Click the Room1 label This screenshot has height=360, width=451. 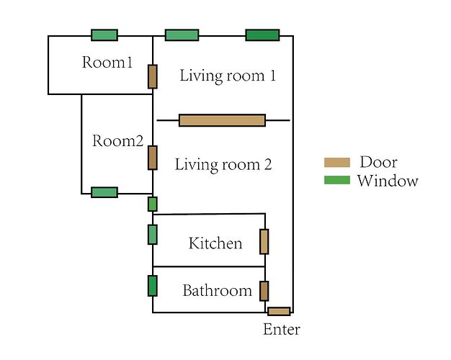tap(107, 63)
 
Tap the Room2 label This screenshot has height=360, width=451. tap(118, 141)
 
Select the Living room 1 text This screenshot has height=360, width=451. tap(228, 76)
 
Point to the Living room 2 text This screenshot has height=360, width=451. tap(223, 164)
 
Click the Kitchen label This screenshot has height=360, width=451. tap(215, 243)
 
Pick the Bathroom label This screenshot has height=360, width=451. tap(217, 291)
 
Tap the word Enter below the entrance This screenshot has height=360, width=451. tap(282, 330)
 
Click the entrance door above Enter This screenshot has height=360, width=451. tap(279, 312)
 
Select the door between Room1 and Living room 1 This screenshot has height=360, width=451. tap(153, 76)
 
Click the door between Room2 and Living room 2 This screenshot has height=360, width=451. tap(153, 157)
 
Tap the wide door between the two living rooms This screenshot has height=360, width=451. tap(222, 120)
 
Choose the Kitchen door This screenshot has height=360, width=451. tap(264, 242)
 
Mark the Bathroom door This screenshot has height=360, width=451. tap(264, 291)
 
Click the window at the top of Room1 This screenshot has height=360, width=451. tap(104, 35)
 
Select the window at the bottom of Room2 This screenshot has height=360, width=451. tap(104, 192)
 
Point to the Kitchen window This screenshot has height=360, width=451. tap(153, 235)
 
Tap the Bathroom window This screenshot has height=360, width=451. tap(153, 286)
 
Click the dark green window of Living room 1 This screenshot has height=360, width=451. tap(262, 35)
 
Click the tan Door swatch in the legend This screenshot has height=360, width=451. tap(337, 163)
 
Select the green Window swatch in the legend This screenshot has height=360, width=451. tap(337, 180)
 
